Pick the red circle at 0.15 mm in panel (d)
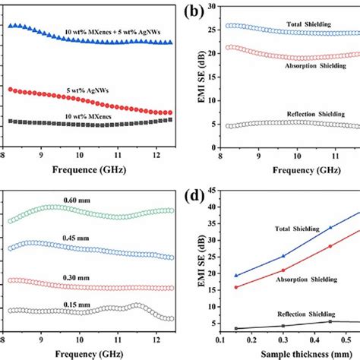[x=236, y=287]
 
